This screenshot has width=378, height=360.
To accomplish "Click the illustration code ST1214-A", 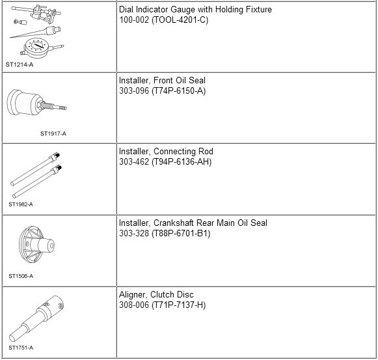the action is (x=20, y=64).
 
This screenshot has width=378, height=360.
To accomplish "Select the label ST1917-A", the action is (x=53, y=133).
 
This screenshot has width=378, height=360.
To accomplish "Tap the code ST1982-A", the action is (x=21, y=204).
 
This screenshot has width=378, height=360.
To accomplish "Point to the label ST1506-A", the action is (x=21, y=276).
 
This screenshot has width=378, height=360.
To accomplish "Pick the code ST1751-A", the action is (x=21, y=348).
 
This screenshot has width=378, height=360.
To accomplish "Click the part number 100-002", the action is (x=134, y=20).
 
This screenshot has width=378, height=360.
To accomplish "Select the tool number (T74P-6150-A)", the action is (x=179, y=91).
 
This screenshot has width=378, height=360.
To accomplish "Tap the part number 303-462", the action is (x=134, y=161).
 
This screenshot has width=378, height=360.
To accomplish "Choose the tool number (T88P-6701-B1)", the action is (x=181, y=234).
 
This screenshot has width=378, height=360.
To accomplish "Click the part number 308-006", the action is (x=134, y=305).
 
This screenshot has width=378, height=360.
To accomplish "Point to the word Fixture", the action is (x=259, y=9).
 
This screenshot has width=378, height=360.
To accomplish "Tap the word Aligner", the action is (x=133, y=295).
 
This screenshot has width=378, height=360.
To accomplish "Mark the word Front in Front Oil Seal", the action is (x=163, y=81).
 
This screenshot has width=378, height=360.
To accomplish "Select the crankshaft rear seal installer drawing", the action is (x=36, y=245).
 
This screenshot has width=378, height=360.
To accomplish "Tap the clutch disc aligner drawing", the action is (x=36, y=318).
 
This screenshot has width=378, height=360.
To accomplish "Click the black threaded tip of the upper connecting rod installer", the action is (x=57, y=155).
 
